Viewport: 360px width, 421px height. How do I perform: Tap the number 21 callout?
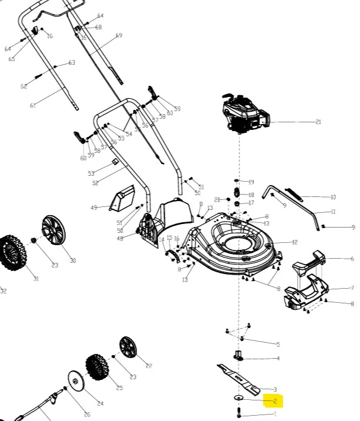[x=318, y=122]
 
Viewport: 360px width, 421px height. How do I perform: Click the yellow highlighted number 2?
[x=275, y=402]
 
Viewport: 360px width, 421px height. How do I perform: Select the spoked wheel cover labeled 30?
[x=54, y=231]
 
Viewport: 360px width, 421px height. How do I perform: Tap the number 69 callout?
[x=119, y=36]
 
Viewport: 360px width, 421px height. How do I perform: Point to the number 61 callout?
[x=33, y=106]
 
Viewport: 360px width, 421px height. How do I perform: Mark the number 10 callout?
[x=333, y=198]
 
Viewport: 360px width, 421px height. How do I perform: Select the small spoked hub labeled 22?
[x=128, y=348]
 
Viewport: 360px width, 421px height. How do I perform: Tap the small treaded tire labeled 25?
[x=97, y=367]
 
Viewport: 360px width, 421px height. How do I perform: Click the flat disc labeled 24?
[x=76, y=381]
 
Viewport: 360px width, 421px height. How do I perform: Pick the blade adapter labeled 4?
[x=239, y=355]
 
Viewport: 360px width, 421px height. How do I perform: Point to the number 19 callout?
[x=251, y=182]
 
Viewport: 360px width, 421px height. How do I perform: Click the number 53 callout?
[x=91, y=173]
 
